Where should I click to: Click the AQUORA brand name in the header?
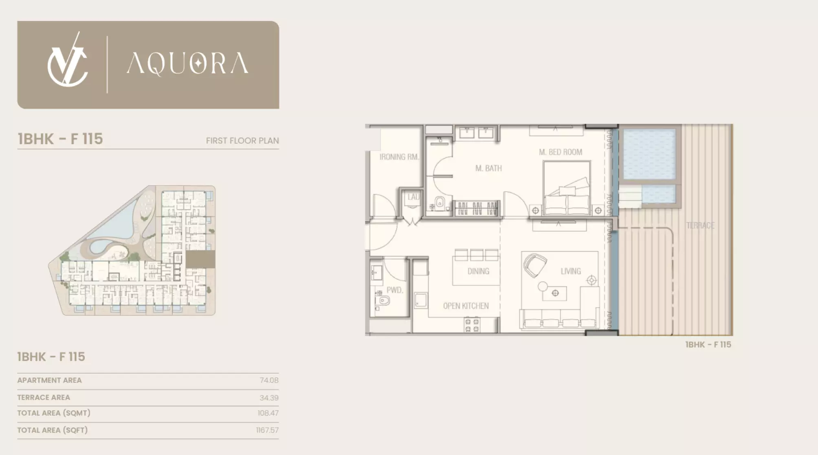[187, 63]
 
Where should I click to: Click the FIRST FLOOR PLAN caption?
[242, 141]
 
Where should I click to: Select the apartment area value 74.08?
[269, 380]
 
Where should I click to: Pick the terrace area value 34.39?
[269, 398]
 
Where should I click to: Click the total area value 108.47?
[268, 413]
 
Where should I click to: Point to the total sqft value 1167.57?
[267, 430]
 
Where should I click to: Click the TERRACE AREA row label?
[44, 397]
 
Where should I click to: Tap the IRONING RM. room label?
[399, 157]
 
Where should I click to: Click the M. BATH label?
[488, 168]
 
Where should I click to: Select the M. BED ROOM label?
[561, 152]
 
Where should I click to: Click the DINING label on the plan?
[478, 271]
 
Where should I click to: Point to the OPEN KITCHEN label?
[466, 306]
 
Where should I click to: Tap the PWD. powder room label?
[395, 290]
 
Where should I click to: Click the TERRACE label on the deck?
[700, 225]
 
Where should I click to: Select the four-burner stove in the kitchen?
[472, 325]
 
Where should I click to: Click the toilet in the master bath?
[440, 202]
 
